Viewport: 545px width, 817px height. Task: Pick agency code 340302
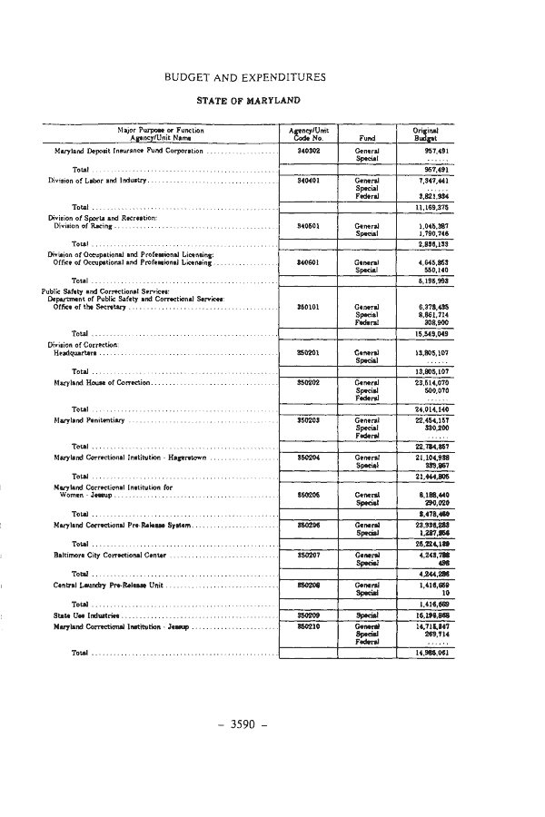[x=306, y=150]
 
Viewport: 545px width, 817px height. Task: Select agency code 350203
[x=306, y=420]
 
